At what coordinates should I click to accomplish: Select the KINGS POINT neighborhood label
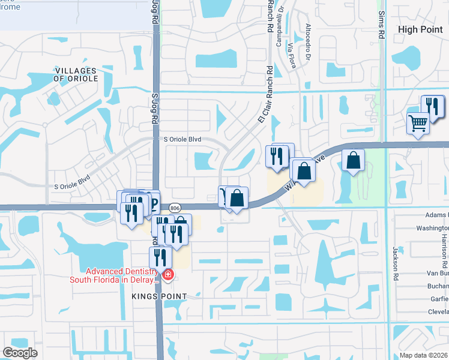click(x=162, y=296)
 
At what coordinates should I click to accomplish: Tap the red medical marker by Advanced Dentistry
click(x=168, y=275)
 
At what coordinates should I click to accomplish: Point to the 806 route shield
click(x=175, y=208)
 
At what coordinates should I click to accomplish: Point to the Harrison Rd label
click(x=445, y=257)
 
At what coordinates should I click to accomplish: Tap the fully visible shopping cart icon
click(x=418, y=124)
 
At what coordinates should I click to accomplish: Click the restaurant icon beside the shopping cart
click(x=432, y=106)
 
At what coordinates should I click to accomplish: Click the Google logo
click(x=19, y=353)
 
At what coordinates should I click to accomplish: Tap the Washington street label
click(x=432, y=229)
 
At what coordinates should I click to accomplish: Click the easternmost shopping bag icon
click(x=354, y=161)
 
